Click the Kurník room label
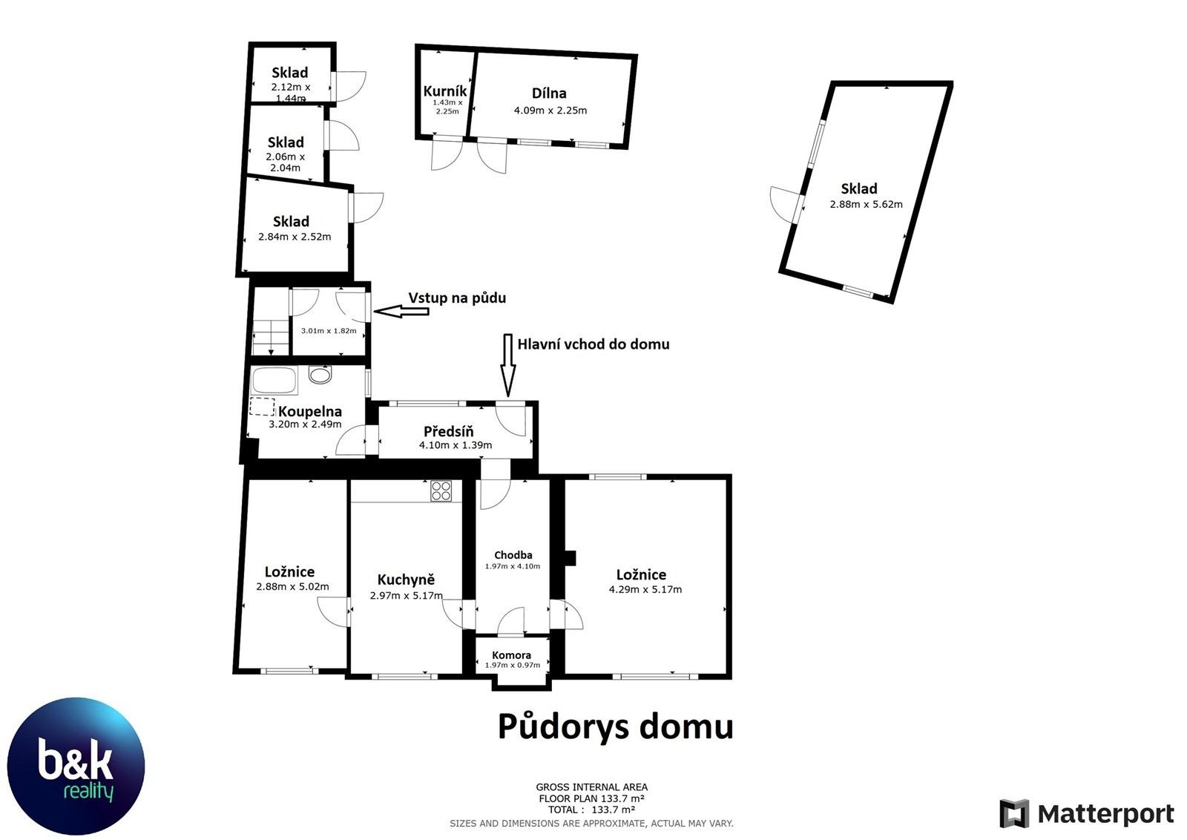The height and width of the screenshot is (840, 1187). point(444,91)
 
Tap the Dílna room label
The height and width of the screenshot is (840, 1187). point(549,93)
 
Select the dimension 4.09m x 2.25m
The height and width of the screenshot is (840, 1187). point(550,111)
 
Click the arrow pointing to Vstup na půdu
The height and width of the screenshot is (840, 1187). point(401,312)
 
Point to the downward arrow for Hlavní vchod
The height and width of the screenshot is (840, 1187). point(508,364)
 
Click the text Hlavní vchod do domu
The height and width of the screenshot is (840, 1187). point(593,344)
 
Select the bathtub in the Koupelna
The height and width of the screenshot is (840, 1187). point(274,381)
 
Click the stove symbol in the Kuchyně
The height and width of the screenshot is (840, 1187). point(441,490)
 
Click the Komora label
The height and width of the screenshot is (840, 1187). point(511,655)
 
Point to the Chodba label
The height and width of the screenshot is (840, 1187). point(513,555)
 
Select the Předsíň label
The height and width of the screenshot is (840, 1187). point(448,431)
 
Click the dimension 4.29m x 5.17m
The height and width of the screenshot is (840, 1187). point(645,590)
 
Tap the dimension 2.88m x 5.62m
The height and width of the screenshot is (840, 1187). point(866,204)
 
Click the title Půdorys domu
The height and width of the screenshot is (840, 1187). point(615,726)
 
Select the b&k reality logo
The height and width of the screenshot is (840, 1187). point(76,767)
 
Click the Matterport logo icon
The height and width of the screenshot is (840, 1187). point(1014,814)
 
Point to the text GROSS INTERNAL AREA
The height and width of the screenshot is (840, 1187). point(591,787)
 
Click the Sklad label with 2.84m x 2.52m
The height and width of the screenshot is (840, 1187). point(291,221)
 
